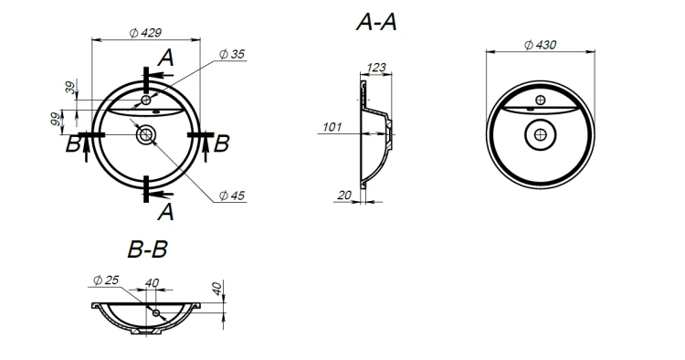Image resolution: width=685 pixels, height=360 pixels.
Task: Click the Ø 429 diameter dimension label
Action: (x=145, y=33)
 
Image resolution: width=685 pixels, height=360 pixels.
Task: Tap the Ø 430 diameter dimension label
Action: (x=541, y=45)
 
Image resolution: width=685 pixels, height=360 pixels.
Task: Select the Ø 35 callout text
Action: (x=232, y=54)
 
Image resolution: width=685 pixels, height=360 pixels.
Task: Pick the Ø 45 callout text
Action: (x=232, y=196)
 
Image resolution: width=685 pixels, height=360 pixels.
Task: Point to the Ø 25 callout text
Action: (x=106, y=280)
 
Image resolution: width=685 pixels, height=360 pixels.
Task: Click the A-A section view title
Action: (x=376, y=22)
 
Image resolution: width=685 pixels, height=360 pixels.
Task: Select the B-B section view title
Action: (x=148, y=249)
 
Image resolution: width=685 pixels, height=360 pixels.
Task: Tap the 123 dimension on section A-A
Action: (x=376, y=68)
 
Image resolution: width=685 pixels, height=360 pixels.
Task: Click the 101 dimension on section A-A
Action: (x=332, y=127)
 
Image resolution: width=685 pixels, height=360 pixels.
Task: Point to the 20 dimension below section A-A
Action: (x=344, y=196)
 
